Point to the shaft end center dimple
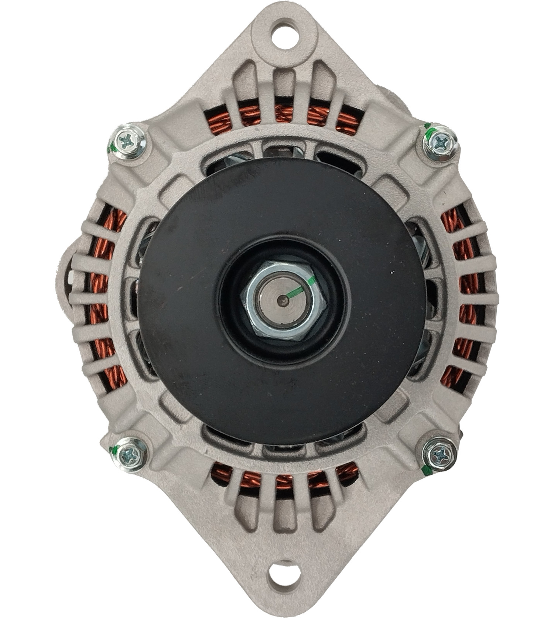[283, 300]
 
